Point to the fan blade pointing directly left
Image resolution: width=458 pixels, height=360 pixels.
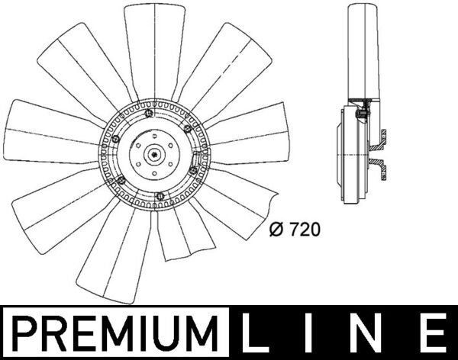[x=46, y=133]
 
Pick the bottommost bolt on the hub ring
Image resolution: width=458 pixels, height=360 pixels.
[x=159, y=198]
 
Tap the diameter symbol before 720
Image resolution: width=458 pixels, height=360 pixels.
[x=278, y=227]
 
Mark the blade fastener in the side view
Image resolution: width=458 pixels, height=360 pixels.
[x=363, y=114]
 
